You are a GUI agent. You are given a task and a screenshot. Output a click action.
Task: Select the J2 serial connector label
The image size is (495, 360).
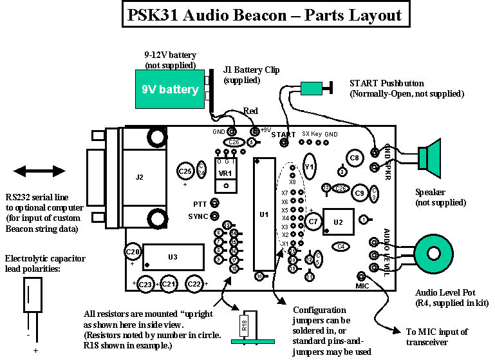pos(138,175)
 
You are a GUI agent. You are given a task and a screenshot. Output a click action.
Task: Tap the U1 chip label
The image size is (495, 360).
pos(263,214)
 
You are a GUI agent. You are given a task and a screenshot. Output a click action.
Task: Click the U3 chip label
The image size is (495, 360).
pos(173,257)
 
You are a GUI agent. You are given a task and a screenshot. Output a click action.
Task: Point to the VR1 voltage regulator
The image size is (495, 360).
pos(225,174)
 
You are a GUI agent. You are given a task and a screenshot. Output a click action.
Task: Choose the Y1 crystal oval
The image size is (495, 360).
pos(310,167)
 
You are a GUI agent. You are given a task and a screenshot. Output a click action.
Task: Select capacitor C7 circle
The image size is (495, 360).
pos(313,222)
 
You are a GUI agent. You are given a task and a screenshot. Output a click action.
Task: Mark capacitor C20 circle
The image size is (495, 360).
pos(133,252)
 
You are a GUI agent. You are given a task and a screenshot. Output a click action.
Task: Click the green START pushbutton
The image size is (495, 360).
pos(312,88)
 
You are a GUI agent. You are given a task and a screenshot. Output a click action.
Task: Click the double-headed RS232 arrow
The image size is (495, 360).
pos(39,171)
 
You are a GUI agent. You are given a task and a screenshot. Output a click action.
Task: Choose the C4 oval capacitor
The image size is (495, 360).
pos(341,246)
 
